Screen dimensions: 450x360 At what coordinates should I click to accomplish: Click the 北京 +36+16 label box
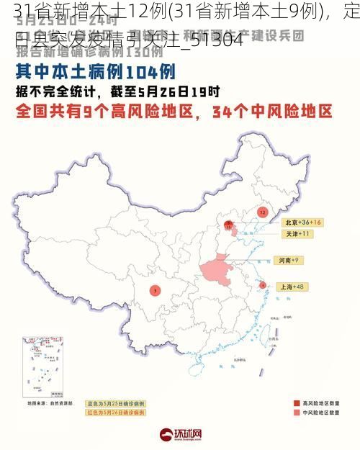pos(301,222)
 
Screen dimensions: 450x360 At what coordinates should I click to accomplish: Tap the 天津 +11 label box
pos(296,234)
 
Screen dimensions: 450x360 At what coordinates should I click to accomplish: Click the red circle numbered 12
pos(262,212)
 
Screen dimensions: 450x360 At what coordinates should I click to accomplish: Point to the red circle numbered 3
pos(155,290)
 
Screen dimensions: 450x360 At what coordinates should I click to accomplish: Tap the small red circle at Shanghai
pos(262,285)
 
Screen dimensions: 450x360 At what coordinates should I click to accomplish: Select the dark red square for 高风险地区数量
pos(296,402)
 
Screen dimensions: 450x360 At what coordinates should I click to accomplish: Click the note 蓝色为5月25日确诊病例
pos(115,403)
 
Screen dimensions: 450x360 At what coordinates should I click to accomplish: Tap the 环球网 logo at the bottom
pos(180,434)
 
